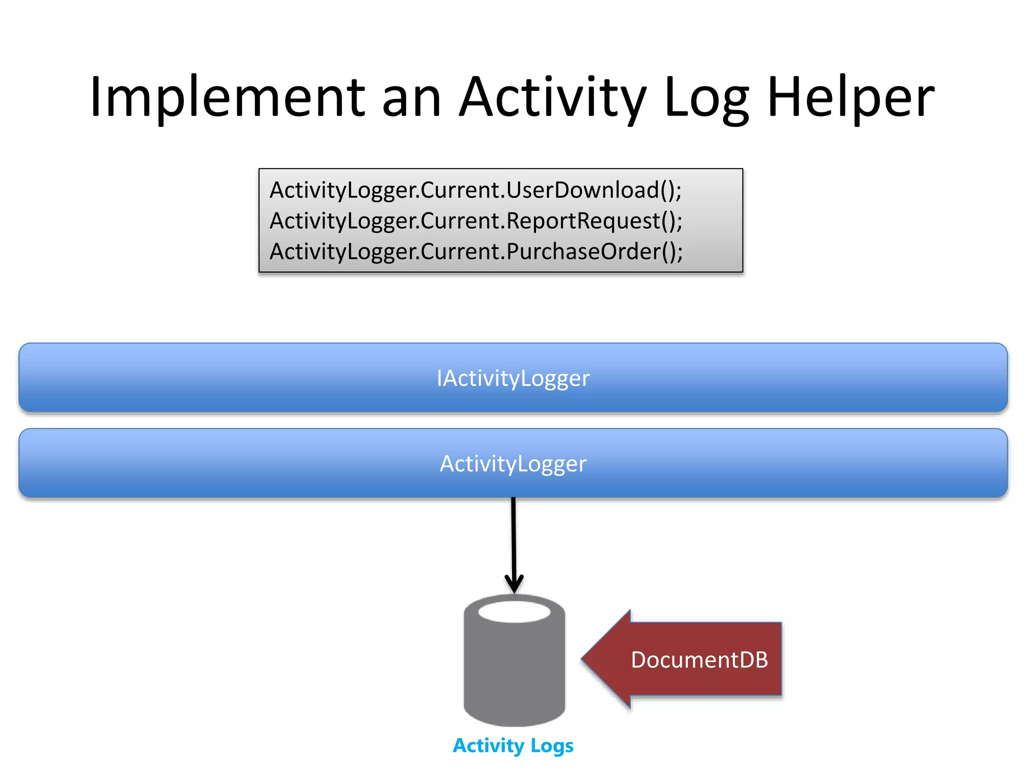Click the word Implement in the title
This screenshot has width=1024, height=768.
227,97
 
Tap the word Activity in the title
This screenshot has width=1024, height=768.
552,97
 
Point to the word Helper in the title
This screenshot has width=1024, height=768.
850,97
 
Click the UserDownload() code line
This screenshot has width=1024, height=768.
475,190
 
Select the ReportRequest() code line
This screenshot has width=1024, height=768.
475,221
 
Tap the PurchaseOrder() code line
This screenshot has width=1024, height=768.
475,251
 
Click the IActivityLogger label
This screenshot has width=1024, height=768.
513,378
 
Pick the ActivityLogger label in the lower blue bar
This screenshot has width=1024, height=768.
513,464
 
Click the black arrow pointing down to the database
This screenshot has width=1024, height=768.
513,540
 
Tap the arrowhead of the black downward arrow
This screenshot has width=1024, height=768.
514,585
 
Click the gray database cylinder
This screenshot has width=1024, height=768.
514,670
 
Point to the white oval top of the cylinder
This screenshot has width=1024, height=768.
514,612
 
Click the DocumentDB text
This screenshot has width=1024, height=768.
699,660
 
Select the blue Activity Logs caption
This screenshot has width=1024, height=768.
513,745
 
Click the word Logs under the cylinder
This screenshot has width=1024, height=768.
551,745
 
